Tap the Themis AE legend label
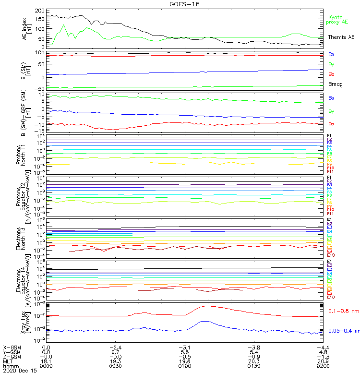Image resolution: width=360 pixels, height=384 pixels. [x=341, y=37]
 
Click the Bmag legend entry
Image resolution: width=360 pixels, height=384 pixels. [x=335, y=84]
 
